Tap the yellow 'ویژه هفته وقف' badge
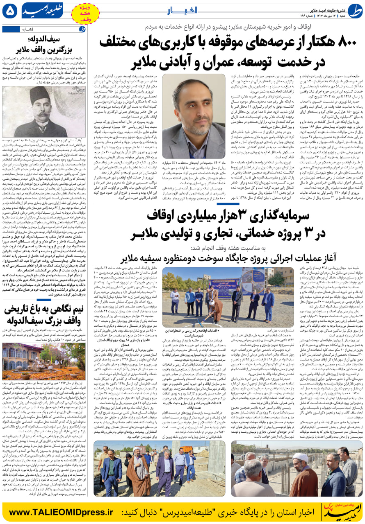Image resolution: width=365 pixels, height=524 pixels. pos(85,13)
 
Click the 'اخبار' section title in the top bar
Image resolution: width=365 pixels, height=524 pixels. pos(183,11)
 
